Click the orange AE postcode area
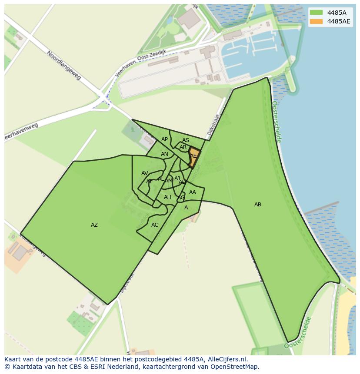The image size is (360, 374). [194, 156]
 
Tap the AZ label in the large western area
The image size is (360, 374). [94, 225]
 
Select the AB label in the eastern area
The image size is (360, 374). [258, 205]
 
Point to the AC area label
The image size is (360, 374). [155, 225]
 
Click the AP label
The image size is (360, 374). [164, 139]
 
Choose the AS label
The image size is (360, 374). [186, 140]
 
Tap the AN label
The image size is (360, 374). [164, 154]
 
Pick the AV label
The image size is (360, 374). [145, 173]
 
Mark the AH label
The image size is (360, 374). [167, 197]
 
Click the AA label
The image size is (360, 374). [193, 192]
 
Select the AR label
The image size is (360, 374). [183, 147]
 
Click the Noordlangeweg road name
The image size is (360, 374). [64, 66]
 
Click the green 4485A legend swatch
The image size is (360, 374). [317, 13]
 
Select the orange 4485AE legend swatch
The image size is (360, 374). [317, 21]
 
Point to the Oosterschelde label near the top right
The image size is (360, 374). [277, 122]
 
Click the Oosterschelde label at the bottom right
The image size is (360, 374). [298, 333]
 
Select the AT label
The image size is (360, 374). [149, 182]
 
